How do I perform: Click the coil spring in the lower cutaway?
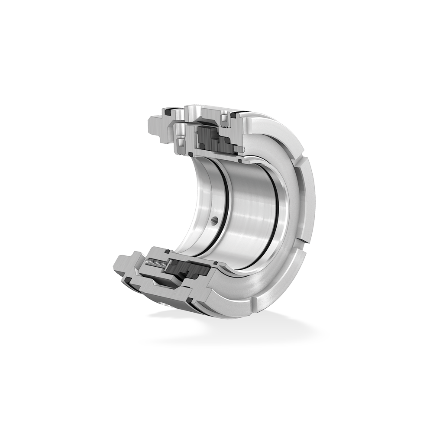157,263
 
